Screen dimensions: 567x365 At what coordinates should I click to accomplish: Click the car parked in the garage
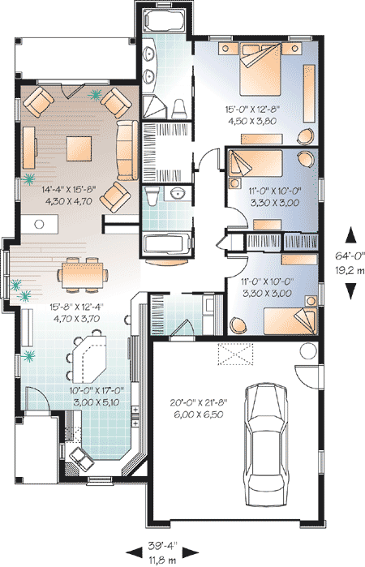[270, 439]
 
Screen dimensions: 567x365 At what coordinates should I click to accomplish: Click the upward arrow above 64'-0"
[350, 235]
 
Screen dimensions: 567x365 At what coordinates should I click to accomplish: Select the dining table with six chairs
[84, 274]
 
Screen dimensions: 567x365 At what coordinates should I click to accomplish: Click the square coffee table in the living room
[79, 146]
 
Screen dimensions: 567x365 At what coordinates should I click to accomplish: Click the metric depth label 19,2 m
[350, 268]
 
